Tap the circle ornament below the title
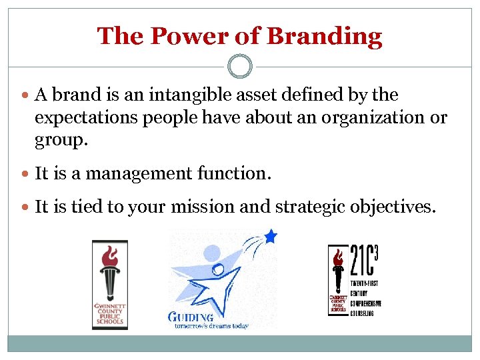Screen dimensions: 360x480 point(240,67)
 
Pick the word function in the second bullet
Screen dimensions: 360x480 point(233,173)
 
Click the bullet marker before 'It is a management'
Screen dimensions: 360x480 point(25,174)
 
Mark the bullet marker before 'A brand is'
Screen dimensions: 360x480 point(25,96)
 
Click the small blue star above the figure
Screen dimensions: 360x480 point(270,235)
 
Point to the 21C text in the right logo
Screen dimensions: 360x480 point(363,261)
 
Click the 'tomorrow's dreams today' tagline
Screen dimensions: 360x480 point(212,326)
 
